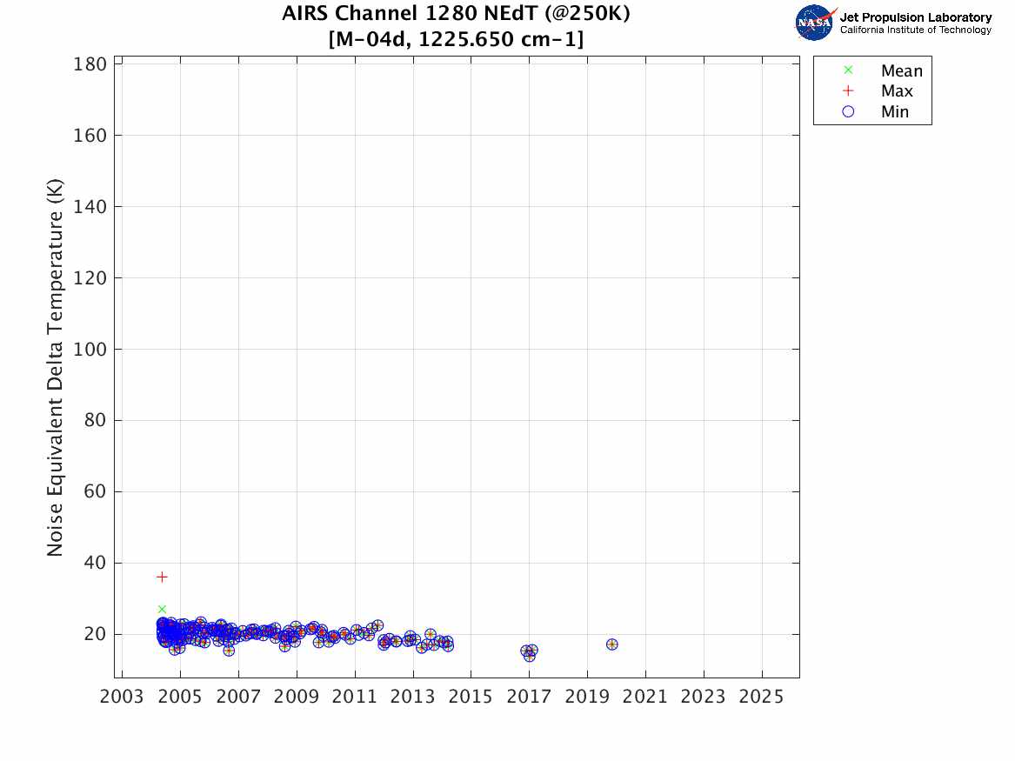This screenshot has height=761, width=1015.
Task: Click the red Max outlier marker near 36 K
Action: tap(162, 577)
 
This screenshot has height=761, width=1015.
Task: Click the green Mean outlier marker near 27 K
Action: tap(162, 609)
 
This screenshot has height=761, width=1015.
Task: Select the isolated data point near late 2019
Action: tap(611, 644)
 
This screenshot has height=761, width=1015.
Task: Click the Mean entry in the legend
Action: tap(901, 71)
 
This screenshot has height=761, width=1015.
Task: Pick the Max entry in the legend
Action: tap(897, 91)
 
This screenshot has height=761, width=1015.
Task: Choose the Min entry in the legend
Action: tap(894, 111)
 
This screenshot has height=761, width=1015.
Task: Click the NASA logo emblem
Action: tap(815, 23)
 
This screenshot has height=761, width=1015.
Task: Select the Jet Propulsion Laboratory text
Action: tap(915, 17)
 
